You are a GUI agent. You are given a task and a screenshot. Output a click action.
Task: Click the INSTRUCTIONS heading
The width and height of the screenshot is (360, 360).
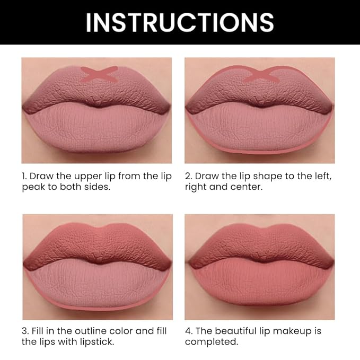[x=180, y=22]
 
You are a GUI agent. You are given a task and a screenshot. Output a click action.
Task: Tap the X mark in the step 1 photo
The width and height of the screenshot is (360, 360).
[x=99, y=74]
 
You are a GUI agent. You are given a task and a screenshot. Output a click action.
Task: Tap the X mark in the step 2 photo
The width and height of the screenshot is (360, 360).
[x=260, y=74]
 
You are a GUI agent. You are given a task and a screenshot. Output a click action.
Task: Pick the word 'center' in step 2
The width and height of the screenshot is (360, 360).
[x=248, y=188]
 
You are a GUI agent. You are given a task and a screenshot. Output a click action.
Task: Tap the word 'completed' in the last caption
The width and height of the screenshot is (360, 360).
[x=209, y=342]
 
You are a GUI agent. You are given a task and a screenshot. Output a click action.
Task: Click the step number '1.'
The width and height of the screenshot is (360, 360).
[x=24, y=176]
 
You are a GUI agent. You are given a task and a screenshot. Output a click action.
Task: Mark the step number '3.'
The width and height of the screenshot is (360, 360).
[x=25, y=331]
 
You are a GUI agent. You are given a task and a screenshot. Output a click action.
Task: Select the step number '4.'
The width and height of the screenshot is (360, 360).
[x=189, y=331]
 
